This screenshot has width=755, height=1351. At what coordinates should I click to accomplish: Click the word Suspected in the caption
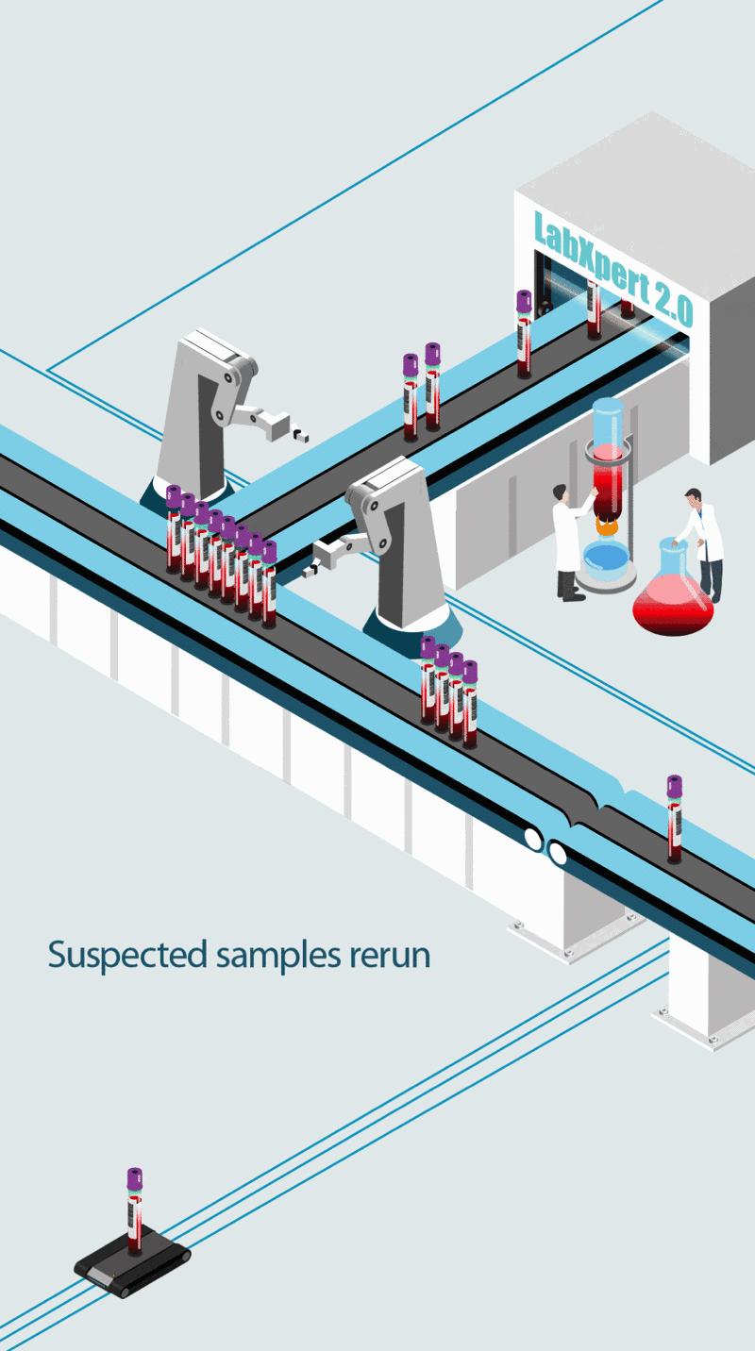[127, 955]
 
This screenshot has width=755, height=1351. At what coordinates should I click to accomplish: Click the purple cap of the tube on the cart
[135, 1178]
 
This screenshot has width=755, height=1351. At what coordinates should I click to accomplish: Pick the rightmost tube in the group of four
[470, 703]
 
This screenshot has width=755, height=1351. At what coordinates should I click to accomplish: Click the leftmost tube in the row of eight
[174, 528]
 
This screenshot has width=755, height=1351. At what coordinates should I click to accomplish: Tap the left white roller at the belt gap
[533, 839]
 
